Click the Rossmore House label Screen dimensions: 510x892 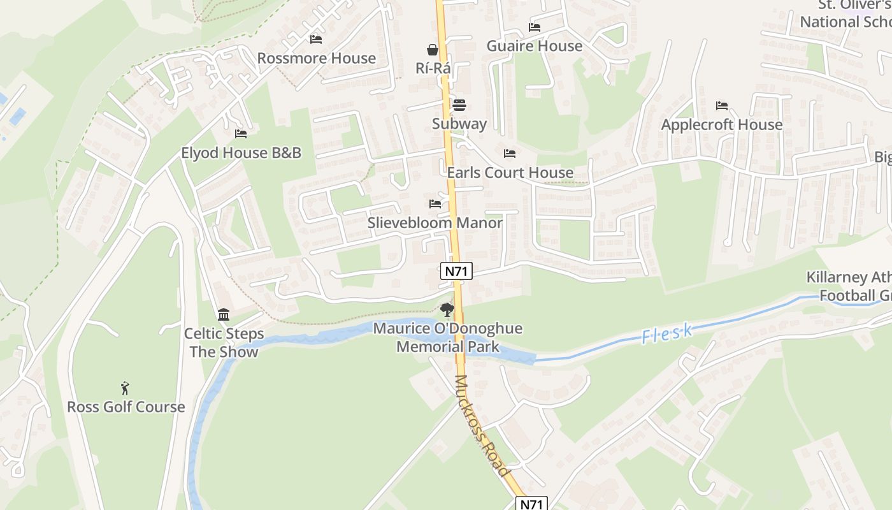[x=316, y=58]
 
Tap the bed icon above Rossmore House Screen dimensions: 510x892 [x=316, y=39]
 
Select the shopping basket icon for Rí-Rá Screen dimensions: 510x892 [x=433, y=49]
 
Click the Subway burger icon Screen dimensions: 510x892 [x=459, y=105]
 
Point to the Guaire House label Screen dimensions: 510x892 [x=534, y=46]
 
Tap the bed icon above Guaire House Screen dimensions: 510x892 [x=535, y=27]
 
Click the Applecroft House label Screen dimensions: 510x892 [x=721, y=124]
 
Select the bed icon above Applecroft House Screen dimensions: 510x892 [x=722, y=105]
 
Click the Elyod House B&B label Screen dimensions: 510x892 [x=241, y=153]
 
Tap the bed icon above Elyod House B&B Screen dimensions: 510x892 [x=241, y=133]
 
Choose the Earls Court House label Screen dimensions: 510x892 [x=510, y=173]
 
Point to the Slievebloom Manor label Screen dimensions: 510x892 [x=435, y=223]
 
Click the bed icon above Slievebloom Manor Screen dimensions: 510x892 [x=435, y=203]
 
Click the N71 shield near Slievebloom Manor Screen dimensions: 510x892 [x=456, y=271]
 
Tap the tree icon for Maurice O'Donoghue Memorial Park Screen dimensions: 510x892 [x=447, y=310]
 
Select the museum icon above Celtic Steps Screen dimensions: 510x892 [x=224, y=314]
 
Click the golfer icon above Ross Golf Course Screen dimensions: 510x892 [x=126, y=388]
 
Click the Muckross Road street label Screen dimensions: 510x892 [x=483, y=425]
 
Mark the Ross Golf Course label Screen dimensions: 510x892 [x=126, y=407]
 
